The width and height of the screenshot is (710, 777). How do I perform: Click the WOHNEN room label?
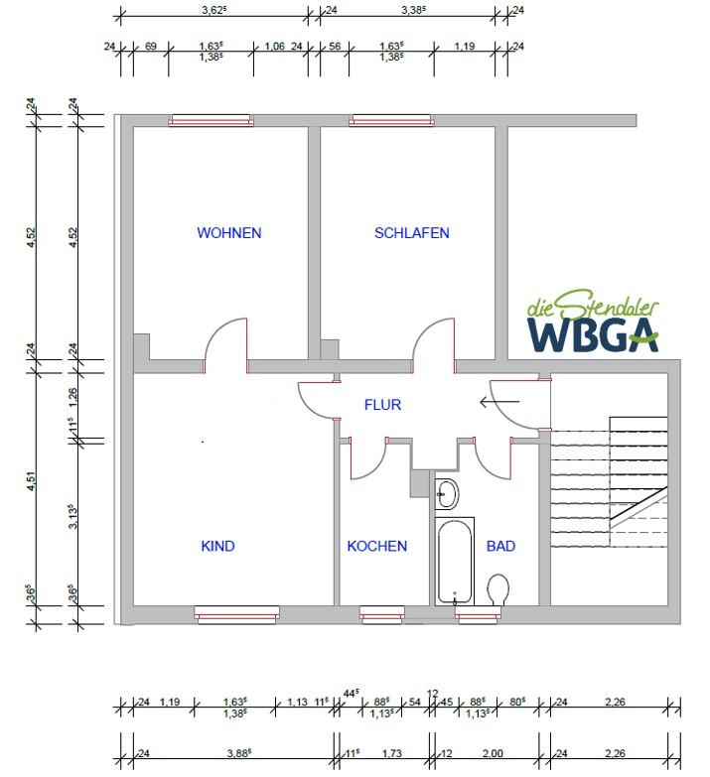[x=228, y=233]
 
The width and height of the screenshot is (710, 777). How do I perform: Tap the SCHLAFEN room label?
[x=411, y=233]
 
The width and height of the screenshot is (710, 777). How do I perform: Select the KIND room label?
[x=217, y=546]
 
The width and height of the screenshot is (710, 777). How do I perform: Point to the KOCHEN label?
[x=376, y=546]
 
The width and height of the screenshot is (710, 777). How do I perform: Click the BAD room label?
[x=500, y=546]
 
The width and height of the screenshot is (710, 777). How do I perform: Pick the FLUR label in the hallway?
[x=382, y=405]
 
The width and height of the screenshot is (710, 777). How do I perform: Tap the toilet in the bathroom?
[x=498, y=588]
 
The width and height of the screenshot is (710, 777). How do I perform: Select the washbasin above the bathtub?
[x=446, y=492]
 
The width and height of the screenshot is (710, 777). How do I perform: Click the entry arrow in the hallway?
[x=498, y=402]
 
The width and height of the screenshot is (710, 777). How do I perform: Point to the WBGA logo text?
[x=592, y=335]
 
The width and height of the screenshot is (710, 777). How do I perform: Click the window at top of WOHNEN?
[x=211, y=121]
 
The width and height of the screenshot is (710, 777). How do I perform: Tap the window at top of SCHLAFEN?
[x=391, y=121]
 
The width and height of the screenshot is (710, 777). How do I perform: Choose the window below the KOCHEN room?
[x=381, y=617]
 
